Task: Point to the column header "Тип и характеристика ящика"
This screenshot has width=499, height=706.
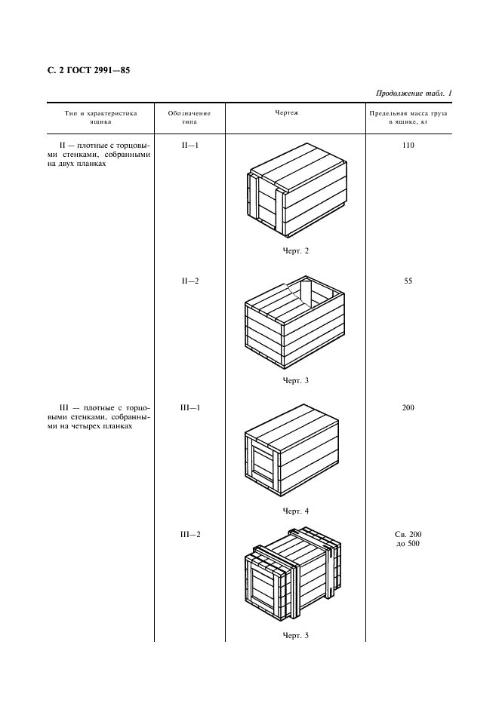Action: point(100,117)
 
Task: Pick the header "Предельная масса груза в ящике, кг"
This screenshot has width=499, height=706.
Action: point(408,117)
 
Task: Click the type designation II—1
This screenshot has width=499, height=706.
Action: point(189,145)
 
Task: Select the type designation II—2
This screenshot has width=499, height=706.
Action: point(189,281)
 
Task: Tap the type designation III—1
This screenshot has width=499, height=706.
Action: point(189,408)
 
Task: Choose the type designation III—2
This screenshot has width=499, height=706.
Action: point(189,535)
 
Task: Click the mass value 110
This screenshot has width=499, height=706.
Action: point(408,145)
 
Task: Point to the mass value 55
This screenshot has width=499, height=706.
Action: point(408,281)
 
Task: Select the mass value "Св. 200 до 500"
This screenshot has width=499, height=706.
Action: point(408,539)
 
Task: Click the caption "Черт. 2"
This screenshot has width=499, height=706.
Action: point(296,251)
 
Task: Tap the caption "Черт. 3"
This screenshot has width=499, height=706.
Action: point(296,380)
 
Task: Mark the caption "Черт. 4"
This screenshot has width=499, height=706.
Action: point(296,511)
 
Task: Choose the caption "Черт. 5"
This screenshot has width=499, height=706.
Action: point(296,635)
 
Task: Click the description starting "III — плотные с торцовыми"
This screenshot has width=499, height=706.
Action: point(100,417)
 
